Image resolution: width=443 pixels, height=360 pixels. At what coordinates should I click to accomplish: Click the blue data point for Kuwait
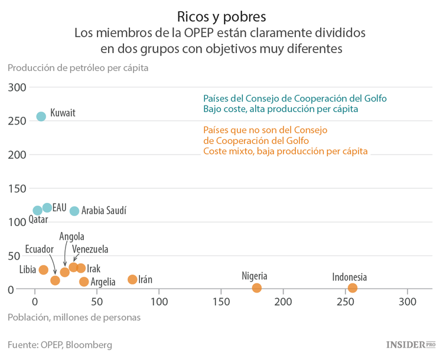pyautogui.click(x=41, y=116)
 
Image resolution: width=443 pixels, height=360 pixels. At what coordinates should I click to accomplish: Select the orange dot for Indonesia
pyautogui.click(x=353, y=288)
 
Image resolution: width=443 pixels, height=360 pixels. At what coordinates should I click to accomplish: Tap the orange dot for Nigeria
pyautogui.click(x=257, y=288)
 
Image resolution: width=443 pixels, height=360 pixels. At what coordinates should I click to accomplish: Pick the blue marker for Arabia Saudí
pyautogui.click(x=74, y=211)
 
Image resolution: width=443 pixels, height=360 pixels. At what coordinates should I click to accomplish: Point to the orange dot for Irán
pyautogui.click(x=132, y=279)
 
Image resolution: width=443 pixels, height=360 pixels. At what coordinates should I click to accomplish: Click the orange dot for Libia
pyautogui.click(x=43, y=270)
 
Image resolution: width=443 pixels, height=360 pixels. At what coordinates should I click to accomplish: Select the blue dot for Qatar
pyautogui.click(x=38, y=210)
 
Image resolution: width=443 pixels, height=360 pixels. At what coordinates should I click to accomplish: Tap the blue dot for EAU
pyautogui.click(x=47, y=208)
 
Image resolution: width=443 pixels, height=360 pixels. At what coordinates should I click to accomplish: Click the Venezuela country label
pyautogui.click(x=90, y=250)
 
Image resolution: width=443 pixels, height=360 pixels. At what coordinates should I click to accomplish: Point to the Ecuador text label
pyautogui.click(x=40, y=248)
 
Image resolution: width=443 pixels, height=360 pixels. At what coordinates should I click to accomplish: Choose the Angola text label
pyautogui.click(x=71, y=237)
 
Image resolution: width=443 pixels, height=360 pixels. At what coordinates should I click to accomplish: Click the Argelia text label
pyautogui.click(x=103, y=282)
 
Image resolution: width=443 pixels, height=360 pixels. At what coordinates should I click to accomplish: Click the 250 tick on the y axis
pyautogui.click(x=18, y=121)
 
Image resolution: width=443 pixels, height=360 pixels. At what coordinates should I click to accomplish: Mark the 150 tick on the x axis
pyautogui.click(x=221, y=302)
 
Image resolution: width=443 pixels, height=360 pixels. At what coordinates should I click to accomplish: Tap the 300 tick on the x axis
pyautogui.click(x=407, y=302)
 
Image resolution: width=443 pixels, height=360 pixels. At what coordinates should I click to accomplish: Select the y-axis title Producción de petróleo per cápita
pyautogui.click(x=77, y=67)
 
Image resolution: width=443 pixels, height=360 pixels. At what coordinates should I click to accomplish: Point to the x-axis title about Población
pyautogui.click(x=74, y=317)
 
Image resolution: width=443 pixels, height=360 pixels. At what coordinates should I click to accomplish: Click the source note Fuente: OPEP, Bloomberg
pyautogui.click(x=60, y=344)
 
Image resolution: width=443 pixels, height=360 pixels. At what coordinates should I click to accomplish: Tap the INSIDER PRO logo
pyautogui.click(x=411, y=344)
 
